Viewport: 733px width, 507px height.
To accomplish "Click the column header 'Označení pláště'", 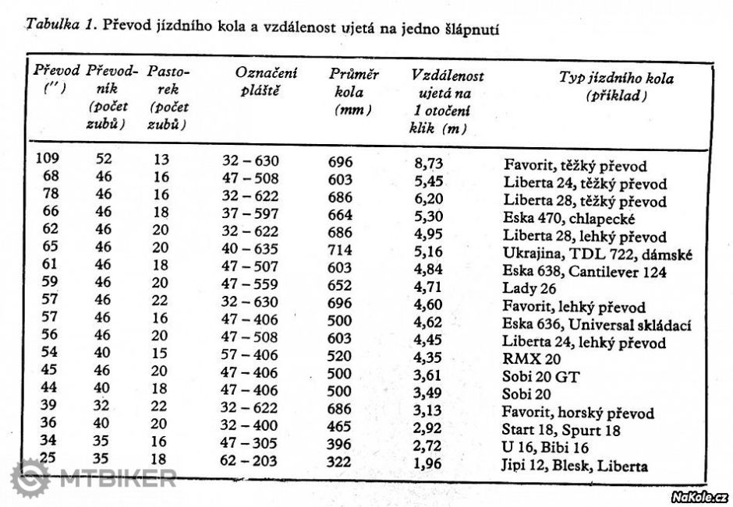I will click(x=266, y=80).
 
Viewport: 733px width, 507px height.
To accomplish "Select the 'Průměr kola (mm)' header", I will click(x=353, y=92).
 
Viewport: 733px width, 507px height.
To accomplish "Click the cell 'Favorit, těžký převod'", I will click(x=575, y=166).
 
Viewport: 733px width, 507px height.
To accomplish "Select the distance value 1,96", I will click(x=427, y=465).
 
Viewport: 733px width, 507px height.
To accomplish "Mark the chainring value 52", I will click(x=104, y=159).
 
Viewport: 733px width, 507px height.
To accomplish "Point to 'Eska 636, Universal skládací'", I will click(x=597, y=325).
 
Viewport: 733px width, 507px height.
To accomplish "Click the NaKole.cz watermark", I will click(x=699, y=496).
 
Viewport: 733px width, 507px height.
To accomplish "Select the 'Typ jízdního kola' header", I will click(x=616, y=86).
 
